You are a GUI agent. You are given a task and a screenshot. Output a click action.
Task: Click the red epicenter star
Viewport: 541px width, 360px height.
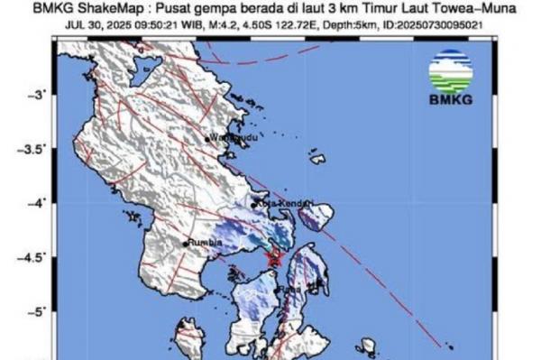pyautogui.click(x=276, y=260)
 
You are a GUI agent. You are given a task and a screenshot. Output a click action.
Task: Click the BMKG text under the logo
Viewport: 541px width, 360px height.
pyautogui.click(x=452, y=99)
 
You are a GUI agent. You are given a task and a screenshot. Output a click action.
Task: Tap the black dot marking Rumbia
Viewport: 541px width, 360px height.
pyautogui.click(x=186, y=244)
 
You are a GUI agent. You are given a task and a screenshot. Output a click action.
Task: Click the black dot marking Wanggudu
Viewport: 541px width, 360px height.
pyautogui.click(x=207, y=139)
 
